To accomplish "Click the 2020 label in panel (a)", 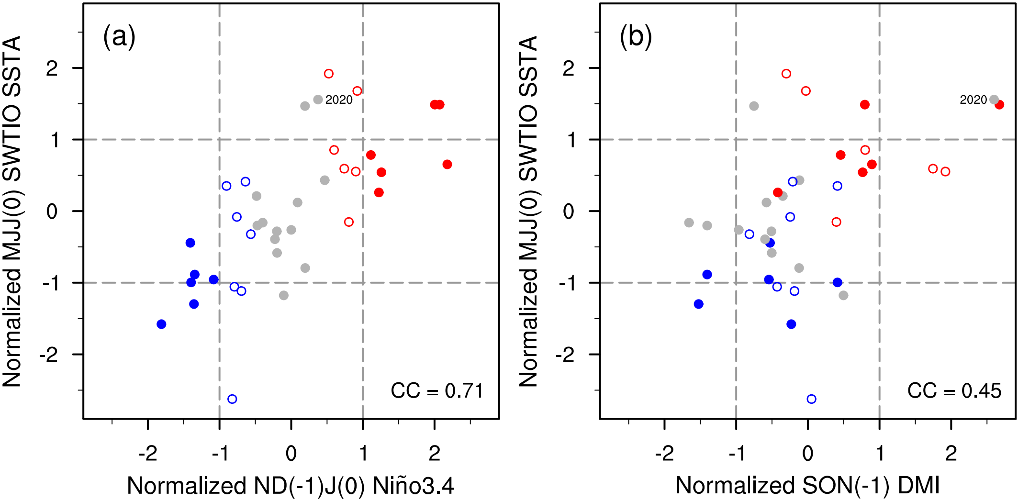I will click(x=339, y=100).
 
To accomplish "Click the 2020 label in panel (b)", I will click(x=973, y=100).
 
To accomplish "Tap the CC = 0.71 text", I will click(x=436, y=391).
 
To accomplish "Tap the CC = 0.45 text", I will click(x=954, y=391).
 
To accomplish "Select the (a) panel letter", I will click(x=119, y=37).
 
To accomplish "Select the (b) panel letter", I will click(x=636, y=37).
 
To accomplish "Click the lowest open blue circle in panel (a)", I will click(x=232, y=399).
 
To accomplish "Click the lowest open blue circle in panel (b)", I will click(x=811, y=399).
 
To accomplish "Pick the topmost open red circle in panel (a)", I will click(x=328, y=74).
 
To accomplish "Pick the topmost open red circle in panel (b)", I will click(x=786, y=74).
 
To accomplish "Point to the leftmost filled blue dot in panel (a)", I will click(x=161, y=324).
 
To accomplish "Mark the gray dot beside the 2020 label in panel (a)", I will click(x=318, y=100).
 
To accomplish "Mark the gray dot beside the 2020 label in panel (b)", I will click(x=994, y=100).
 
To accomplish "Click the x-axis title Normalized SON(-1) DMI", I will click(x=807, y=486).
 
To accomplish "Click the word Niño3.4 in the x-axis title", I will click(x=413, y=486).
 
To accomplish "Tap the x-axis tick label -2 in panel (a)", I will click(x=148, y=453).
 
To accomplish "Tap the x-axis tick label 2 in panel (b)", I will click(x=951, y=453).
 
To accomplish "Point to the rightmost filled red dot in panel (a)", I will click(x=447, y=165).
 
